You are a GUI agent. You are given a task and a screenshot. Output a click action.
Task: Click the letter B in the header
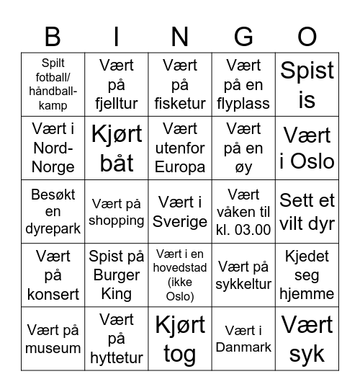pos(53,37)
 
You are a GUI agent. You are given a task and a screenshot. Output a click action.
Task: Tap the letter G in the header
pos(243,37)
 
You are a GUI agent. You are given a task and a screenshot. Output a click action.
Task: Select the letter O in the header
pos(307,37)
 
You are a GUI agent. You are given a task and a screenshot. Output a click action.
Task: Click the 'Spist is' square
pos(307,84)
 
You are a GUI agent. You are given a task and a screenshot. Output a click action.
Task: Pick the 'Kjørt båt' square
pos(117,148)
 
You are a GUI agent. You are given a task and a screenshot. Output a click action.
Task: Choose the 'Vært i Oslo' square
pos(307,148)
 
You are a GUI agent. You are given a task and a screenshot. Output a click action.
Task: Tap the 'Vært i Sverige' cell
pos(180,212)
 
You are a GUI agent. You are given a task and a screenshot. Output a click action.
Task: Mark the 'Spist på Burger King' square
pos(117,275)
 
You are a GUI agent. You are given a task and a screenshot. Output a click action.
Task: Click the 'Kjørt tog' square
pos(180,338)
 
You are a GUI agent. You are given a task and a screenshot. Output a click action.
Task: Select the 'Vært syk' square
pos(307,338)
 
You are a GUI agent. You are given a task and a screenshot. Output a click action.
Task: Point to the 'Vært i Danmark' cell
pos(243,338)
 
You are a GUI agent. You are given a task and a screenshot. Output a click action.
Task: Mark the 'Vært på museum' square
pos(53,338)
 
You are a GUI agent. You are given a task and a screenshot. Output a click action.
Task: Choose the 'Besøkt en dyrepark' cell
pos(53,212)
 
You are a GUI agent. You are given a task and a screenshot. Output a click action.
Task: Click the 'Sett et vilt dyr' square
pos(307,212)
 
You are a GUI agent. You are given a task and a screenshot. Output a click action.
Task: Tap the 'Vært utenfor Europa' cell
pos(180,148)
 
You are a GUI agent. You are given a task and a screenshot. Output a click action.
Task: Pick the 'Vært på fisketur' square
pos(180,84)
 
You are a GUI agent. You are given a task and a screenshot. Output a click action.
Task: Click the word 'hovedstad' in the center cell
pos(180,268)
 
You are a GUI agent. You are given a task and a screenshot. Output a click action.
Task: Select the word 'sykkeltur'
pos(243,285)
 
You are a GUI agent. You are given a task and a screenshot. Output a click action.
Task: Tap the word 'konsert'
pos(53,293)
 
